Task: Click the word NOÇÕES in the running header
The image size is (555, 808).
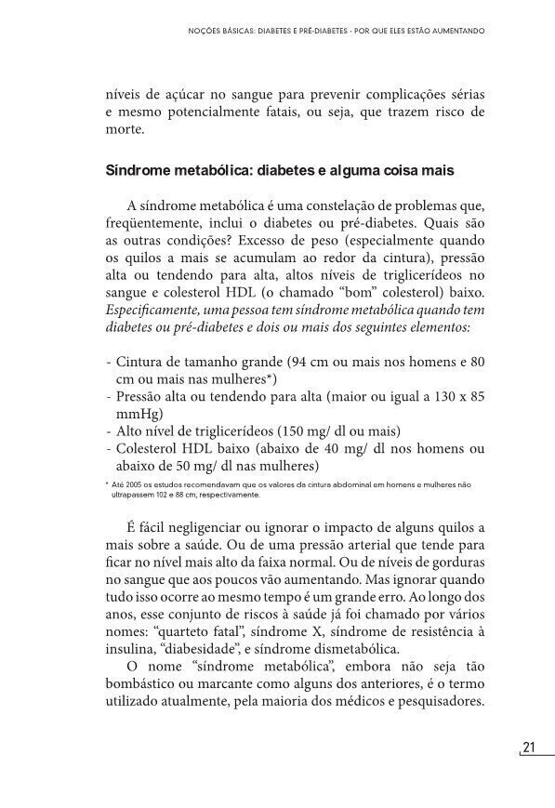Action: [205, 31]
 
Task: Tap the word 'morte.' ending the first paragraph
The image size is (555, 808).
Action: [126, 129]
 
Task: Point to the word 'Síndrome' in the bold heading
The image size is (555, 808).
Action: [139, 172]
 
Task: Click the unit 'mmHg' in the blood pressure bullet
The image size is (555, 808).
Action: [136, 413]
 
